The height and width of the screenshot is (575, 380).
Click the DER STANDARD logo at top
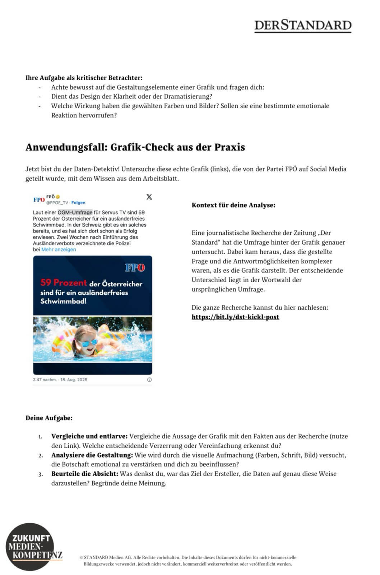point(303,26)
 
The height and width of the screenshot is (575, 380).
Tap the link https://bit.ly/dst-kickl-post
point(235,317)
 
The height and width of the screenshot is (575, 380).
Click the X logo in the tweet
point(149,197)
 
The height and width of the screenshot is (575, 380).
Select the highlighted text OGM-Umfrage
point(75,212)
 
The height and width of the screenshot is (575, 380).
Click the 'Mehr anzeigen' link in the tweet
point(59,249)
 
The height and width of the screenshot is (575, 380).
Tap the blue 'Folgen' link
point(78,203)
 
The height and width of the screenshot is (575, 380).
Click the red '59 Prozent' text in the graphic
point(64,283)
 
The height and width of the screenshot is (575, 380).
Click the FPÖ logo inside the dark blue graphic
point(135,267)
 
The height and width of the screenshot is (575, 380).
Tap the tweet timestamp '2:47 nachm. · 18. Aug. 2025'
point(60,379)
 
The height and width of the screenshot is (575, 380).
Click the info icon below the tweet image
point(149,379)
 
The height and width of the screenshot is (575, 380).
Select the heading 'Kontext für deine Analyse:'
point(233,205)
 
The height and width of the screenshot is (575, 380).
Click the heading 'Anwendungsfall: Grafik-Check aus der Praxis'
point(135,147)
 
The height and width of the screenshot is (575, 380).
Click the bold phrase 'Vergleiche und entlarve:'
point(89,436)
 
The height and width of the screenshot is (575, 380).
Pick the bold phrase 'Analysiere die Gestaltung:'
point(92,455)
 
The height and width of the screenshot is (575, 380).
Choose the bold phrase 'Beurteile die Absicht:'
point(85,474)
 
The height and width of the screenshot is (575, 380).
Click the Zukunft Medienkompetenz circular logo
point(30,547)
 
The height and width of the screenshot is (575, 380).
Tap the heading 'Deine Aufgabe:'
point(49,418)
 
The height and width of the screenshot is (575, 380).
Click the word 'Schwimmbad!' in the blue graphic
point(63,301)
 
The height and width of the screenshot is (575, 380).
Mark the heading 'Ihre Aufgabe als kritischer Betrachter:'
point(84,78)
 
